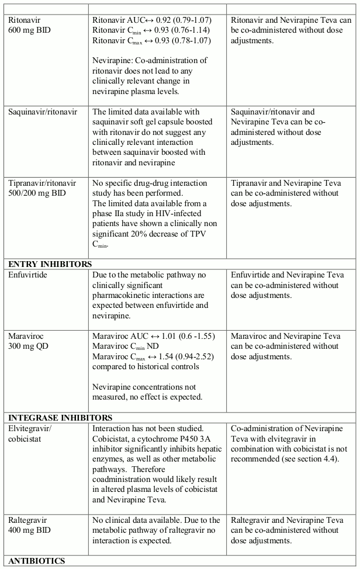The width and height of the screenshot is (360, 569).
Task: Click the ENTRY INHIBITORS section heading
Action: (x=50, y=264)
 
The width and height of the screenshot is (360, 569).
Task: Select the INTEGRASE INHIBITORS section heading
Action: (x=60, y=418)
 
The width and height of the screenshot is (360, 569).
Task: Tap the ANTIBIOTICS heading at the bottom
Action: (x=36, y=561)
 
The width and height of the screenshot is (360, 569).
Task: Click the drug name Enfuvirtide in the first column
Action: (x=29, y=274)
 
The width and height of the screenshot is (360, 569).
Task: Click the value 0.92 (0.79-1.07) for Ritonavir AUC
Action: (x=181, y=19)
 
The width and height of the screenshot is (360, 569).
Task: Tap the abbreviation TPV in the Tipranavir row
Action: (x=202, y=234)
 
